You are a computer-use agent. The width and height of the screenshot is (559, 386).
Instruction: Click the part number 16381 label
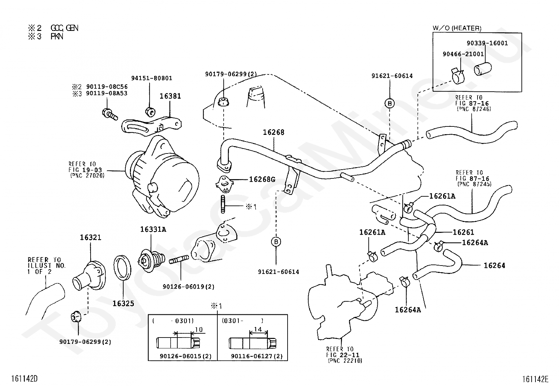pyautogui.click(x=170, y=96)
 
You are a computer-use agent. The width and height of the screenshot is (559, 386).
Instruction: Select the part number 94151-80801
pyautogui.click(x=152, y=78)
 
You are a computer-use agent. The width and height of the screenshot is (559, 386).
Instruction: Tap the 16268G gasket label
pyautogui.click(x=262, y=179)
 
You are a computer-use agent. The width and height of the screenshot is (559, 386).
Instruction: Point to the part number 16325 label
pyautogui.click(x=123, y=303)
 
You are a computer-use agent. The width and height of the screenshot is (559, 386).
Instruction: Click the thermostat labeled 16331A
pyautogui.click(x=151, y=260)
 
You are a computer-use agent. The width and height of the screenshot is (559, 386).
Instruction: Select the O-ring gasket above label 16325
pyautogui.click(x=122, y=268)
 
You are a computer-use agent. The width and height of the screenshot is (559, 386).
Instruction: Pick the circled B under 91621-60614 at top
pyautogui.click(x=389, y=103)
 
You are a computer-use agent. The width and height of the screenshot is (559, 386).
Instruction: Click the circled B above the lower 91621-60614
pyautogui.click(x=276, y=242)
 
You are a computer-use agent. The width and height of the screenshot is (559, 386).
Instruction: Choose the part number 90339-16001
pyautogui.click(x=487, y=43)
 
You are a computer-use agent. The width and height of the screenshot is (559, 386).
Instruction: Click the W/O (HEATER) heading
pyautogui.click(x=457, y=28)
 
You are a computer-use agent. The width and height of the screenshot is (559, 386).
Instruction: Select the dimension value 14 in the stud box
pyautogui.click(x=258, y=329)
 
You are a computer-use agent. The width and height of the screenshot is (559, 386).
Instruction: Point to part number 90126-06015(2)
pyautogui.click(x=185, y=356)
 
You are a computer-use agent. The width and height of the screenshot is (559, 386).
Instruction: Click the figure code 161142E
pyautogui.click(x=535, y=379)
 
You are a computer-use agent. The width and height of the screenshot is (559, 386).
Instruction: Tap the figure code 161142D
pyautogui.click(x=24, y=379)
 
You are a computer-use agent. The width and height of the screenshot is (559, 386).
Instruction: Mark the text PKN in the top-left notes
pyautogui.click(x=57, y=37)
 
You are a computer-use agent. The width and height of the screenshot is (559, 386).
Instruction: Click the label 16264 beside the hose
pyautogui.click(x=494, y=266)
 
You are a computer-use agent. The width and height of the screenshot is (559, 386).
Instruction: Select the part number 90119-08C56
pyautogui.click(x=107, y=87)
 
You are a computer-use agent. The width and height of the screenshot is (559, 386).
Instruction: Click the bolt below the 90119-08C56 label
pyautogui.click(x=110, y=115)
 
